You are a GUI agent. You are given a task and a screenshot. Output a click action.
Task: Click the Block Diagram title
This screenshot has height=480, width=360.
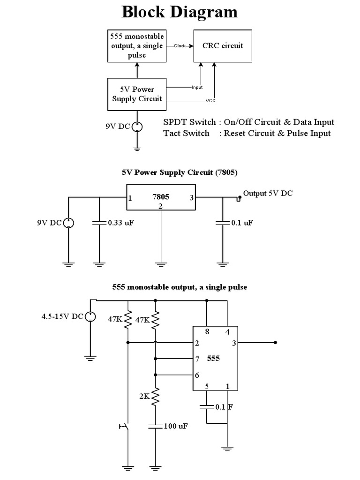tap(180, 12)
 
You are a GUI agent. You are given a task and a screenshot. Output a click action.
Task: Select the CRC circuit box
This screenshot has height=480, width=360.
tap(223, 46)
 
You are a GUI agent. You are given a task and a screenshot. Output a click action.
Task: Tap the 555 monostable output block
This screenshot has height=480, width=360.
tap(137, 45)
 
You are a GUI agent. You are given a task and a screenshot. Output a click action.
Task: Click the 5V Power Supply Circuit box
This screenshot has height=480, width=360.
tap(137, 94)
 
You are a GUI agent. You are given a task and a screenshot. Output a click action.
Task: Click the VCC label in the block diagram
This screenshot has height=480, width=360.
tap(210, 101)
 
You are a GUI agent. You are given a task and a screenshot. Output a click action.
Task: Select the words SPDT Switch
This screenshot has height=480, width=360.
tap(189, 122)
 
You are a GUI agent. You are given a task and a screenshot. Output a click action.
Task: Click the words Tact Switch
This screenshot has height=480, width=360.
tap(186, 134)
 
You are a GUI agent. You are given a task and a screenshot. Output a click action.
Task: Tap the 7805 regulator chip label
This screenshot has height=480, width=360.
tap(161, 197)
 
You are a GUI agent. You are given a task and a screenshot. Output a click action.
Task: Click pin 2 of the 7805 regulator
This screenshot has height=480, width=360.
tap(161, 206)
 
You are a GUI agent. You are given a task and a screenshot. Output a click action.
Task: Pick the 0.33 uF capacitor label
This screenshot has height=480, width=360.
tap(121, 223)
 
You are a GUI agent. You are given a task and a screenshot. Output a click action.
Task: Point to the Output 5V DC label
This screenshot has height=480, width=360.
tap(268, 194)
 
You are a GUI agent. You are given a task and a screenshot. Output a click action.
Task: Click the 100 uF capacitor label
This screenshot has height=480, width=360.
tap(176, 426)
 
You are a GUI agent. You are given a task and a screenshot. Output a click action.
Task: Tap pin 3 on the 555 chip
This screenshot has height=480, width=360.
tap(234, 343)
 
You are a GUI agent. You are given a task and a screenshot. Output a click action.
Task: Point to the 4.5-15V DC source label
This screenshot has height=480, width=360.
tap(62, 316)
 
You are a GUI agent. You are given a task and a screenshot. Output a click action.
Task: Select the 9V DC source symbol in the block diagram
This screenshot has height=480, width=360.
tap(137, 126)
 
